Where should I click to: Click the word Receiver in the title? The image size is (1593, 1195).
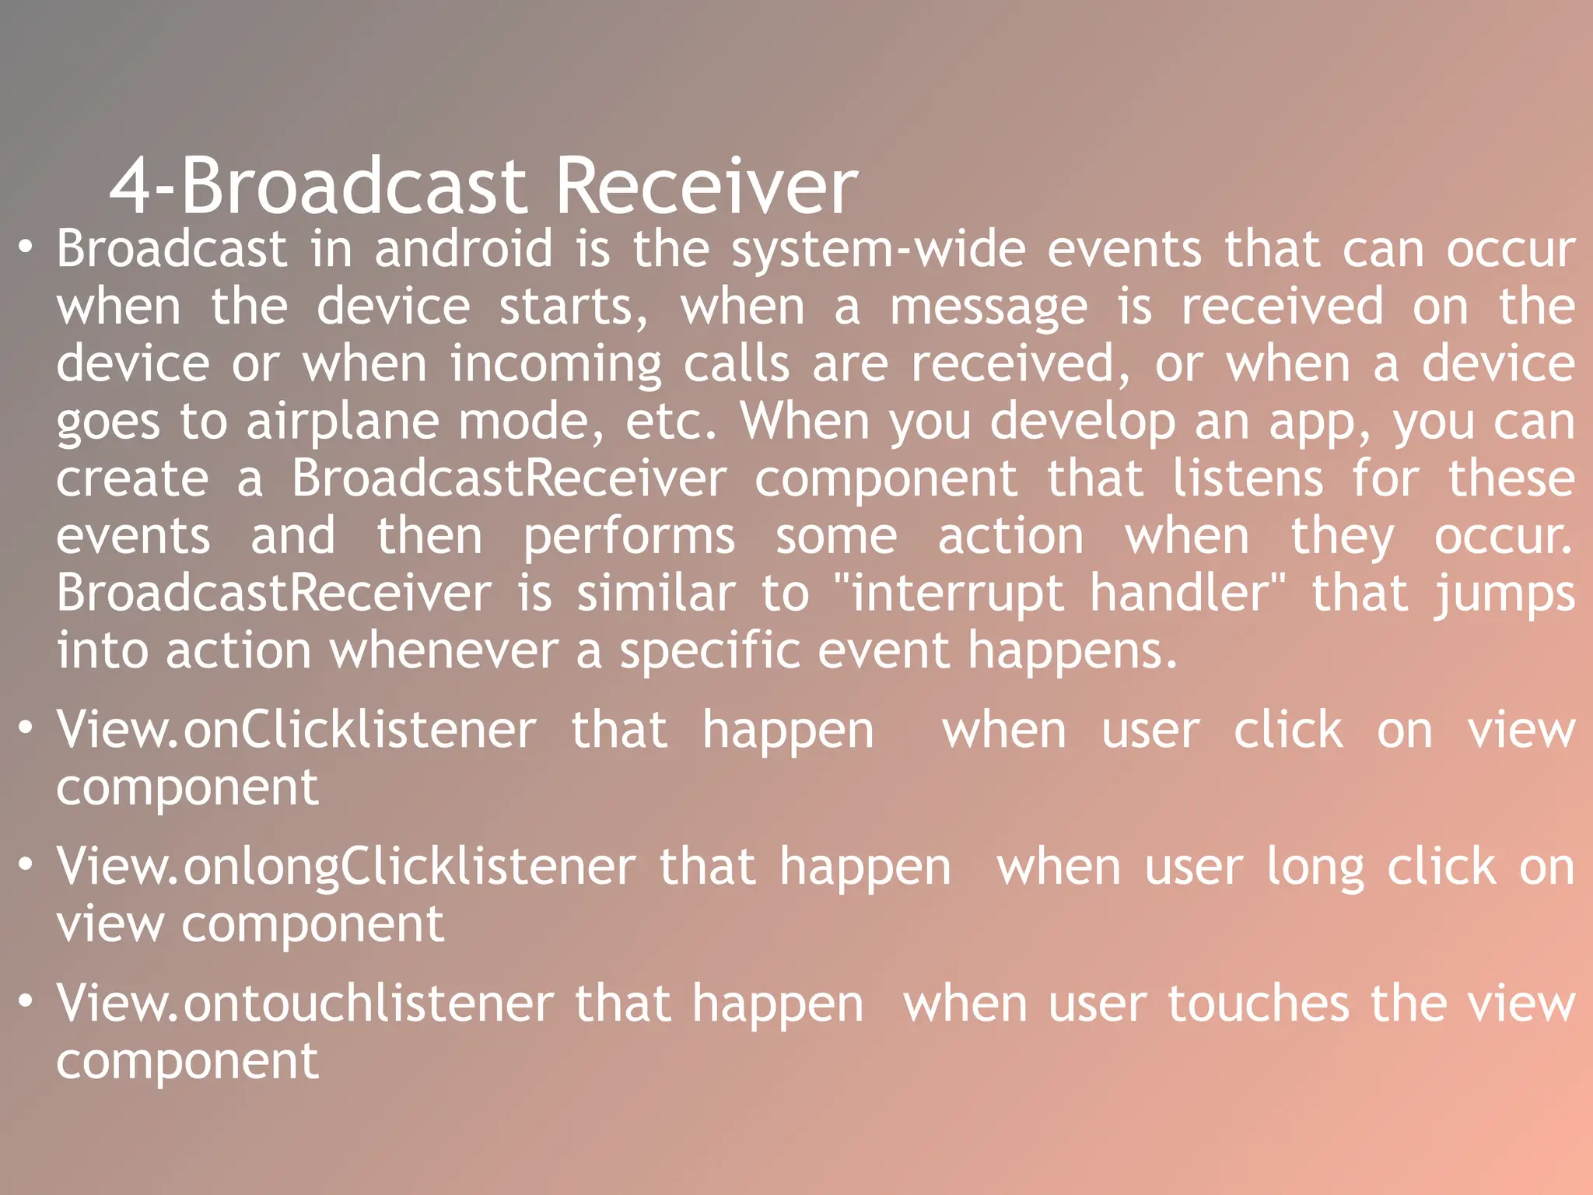(x=706, y=187)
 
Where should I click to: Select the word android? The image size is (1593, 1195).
(x=464, y=250)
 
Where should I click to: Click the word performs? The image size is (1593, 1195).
(x=628, y=538)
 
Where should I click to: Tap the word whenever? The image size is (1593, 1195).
(x=444, y=651)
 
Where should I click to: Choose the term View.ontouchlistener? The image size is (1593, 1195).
(x=305, y=1004)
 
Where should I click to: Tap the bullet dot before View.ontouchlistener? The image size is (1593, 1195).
(x=26, y=999)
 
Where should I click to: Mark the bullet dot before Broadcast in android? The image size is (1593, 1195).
(x=26, y=247)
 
